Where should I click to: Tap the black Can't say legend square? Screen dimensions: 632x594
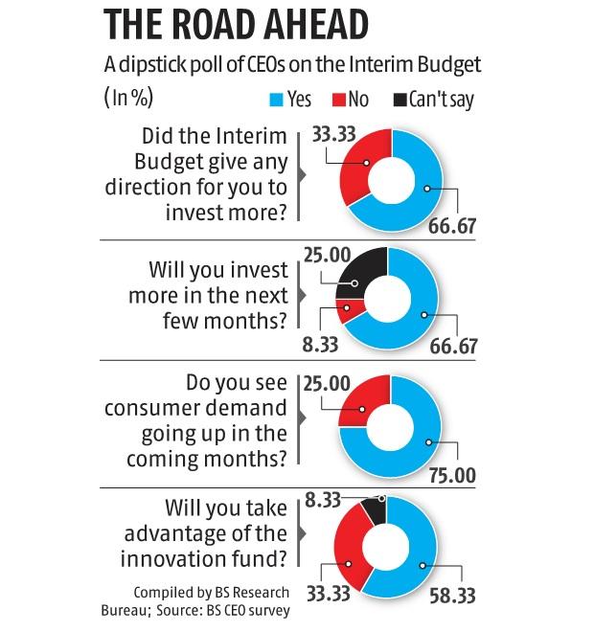(399, 99)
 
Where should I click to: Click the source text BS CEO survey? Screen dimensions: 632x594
(240, 609)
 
